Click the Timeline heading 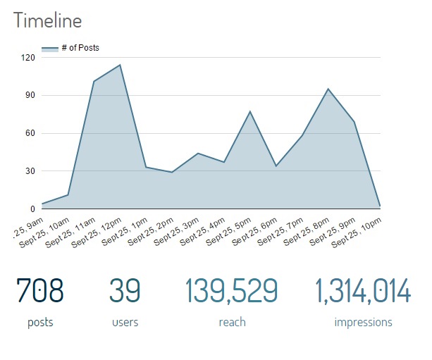[x=47, y=21]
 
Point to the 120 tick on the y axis [x=27, y=57]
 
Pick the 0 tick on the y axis [x=32, y=209]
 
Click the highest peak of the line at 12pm [x=120, y=65]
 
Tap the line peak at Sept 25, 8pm [x=328, y=89]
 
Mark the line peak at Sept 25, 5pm [x=249, y=111]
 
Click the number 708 [x=40, y=291]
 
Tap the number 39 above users [x=125, y=291]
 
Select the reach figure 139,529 [x=231, y=291]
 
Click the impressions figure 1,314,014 [x=362, y=291]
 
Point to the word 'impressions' [x=363, y=323]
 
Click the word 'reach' [x=232, y=323]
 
